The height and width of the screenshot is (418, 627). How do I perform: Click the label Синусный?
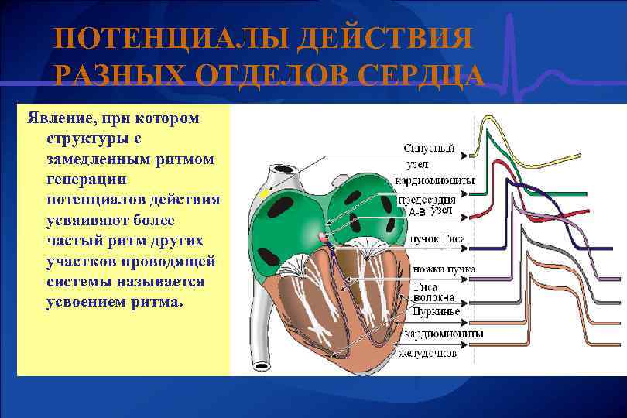point(427,148)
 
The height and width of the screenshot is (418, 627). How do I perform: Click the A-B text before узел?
point(417,211)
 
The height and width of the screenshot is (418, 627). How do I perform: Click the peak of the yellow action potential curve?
point(488,118)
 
